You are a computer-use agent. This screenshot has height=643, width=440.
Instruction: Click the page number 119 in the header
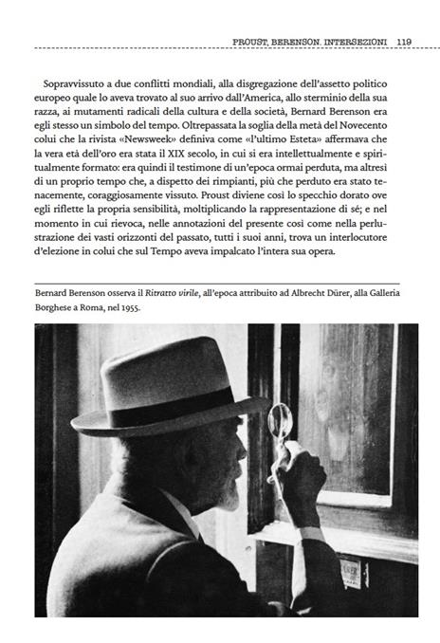(x=403, y=41)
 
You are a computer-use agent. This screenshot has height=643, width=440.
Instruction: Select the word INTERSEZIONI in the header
(x=354, y=41)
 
